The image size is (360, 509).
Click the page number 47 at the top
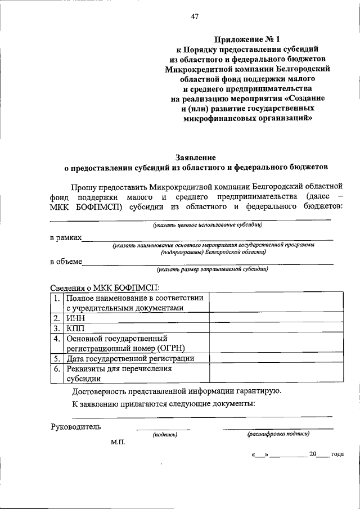(x=195, y=16)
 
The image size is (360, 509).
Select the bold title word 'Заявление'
(x=196, y=158)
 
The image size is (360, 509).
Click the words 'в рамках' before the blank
(x=65, y=238)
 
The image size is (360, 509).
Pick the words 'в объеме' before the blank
(x=66, y=261)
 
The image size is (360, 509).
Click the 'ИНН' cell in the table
(x=75, y=318)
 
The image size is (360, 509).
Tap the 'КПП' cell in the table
(x=75, y=328)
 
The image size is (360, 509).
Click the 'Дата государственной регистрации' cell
(x=130, y=358)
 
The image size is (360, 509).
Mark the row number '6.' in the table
(x=57, y=369)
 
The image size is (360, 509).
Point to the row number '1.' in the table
(x=57, y=298)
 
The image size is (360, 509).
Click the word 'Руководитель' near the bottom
(x=75, y=426)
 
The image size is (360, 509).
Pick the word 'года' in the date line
(x=337, y=454)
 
